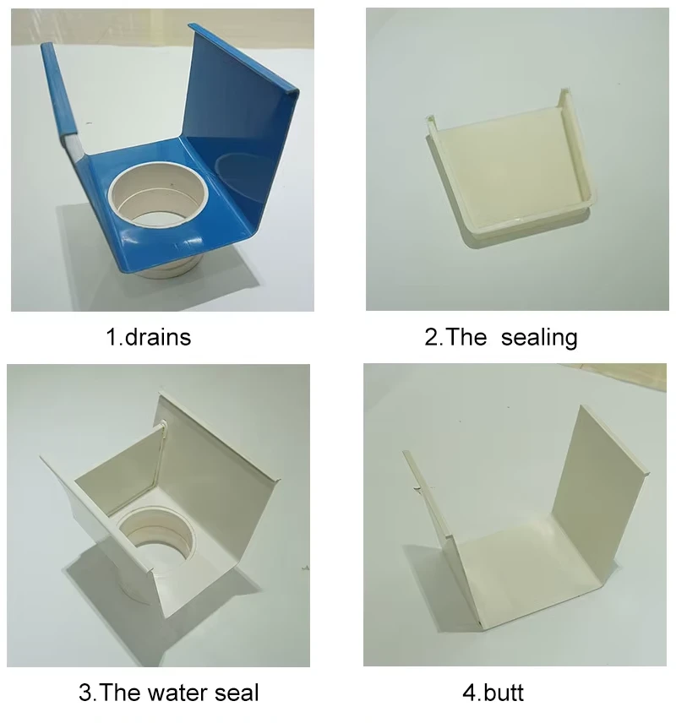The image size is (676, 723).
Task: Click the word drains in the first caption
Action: pyautogui.click(x=160, y=337)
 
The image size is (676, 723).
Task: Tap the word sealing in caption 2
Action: pyautogui.click(x=539, y=337)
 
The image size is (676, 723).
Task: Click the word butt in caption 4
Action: pyautogui.click(x=504, y=693)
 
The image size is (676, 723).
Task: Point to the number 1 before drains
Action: pyautogui.click(x=111, y=337)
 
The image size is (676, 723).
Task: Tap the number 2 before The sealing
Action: pyautogui.click(x=431, y=337)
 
